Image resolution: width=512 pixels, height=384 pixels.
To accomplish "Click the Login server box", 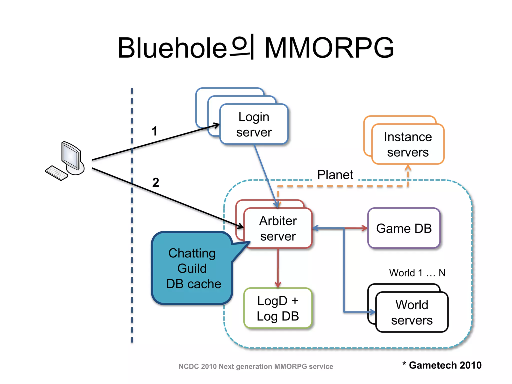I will tap(254, 124).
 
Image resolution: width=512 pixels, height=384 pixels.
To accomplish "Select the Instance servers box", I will tap(408, 144).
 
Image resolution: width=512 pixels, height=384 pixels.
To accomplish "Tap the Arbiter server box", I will tap(278, 228).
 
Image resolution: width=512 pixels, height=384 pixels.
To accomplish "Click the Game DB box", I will tap(404, 228).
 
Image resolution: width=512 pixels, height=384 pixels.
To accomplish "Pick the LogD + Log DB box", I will tap(278, 308).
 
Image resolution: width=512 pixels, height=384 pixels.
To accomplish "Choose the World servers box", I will tap(412, 312).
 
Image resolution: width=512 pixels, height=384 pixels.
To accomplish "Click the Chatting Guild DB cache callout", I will tap(192, 268).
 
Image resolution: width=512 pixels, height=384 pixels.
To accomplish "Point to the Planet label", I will tap(335, 175).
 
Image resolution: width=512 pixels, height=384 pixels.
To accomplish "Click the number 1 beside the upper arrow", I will tap(154, 131).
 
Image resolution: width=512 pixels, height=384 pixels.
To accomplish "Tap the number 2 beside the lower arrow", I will tap(155, 182).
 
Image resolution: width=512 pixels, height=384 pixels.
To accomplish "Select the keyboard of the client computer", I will tap(56, 173).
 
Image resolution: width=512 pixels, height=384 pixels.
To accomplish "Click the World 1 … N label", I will tap(417, 273).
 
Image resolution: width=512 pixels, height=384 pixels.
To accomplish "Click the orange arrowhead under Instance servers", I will tap(408, 167).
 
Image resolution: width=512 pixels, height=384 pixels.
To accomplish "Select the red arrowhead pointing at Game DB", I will tap(365, 228).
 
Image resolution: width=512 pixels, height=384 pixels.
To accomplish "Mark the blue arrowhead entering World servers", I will tap(373, 312).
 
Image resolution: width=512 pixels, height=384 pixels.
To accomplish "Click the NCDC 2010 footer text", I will tap(255, 366).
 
